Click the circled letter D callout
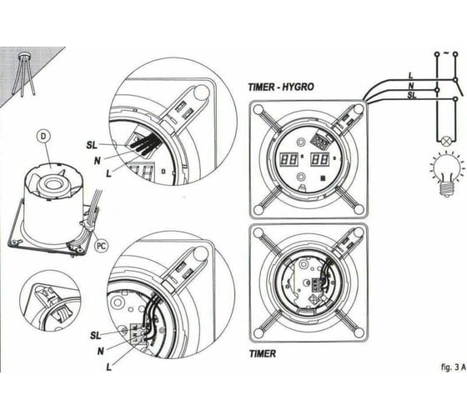[x=43, y=137]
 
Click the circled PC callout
[x=102, y=246]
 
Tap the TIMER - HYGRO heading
[x=281, y=87]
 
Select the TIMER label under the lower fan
[x=263, y=354]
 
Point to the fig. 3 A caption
[x=453, y=367]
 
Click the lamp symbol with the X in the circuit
[x=446, y=141]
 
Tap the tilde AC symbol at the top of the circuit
[x=446, y=53]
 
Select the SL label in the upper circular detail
[x=92, y=145]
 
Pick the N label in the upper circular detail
[x=98, y=161]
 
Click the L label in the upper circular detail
[x=109, y=173]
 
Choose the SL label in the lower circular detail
[x=95, y=336]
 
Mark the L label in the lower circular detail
[x=109, y=367]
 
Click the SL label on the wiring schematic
[x=412, y=96]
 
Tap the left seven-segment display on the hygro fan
[x=289, y=159]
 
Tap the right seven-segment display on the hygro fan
[x=320, y=159]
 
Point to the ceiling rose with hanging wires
[x=24, y=74]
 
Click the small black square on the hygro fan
[x=323, y=178]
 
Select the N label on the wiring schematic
[x=411, y=86]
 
